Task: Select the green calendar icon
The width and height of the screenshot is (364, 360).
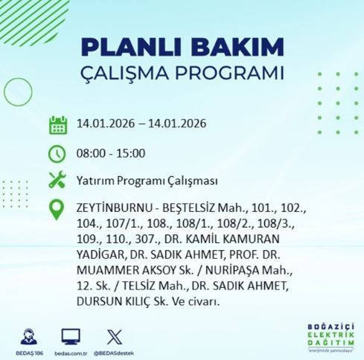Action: click(57, 124)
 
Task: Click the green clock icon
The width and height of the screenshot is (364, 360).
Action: click(57, 154)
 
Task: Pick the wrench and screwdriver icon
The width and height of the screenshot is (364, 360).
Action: click(57, 181)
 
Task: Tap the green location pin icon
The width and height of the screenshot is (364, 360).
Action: click(57, 209)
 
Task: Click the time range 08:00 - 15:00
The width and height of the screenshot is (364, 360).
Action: click(110, 154)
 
